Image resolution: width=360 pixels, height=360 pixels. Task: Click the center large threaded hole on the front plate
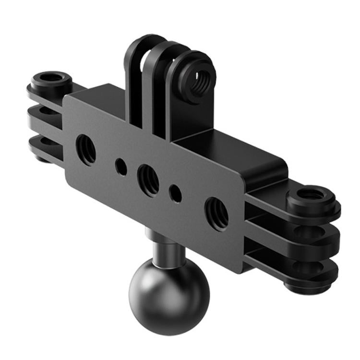click(x=148, y=179)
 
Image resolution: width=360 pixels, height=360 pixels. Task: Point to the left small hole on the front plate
click(x=120, y=167)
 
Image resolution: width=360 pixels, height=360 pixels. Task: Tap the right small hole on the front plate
click(x=176, y=193)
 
